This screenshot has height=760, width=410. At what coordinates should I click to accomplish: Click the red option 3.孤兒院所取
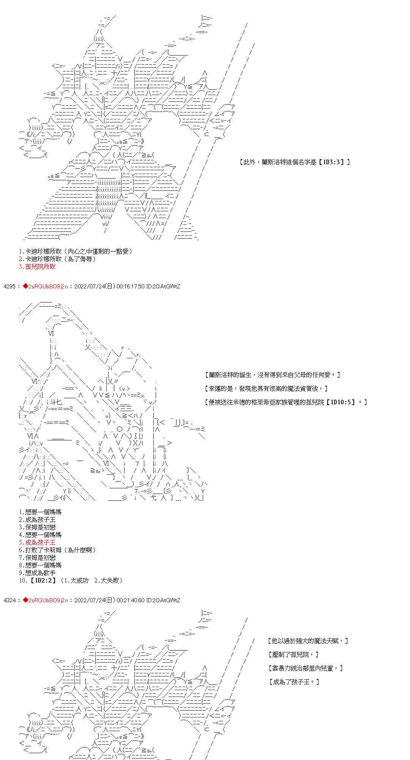coord(37,267)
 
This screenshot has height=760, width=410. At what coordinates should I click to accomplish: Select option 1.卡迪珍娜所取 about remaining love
coord(76,252)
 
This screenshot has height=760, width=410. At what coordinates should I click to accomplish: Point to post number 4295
coord(9,287)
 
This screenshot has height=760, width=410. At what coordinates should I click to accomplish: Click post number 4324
coord(9,600)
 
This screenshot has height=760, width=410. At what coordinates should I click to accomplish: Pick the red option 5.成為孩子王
coord(37,543)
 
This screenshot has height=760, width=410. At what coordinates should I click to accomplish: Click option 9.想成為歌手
coord(37,573)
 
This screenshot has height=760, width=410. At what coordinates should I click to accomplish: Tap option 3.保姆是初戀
coord(37,527)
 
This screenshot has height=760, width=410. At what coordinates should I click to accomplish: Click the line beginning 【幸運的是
coord(266,388)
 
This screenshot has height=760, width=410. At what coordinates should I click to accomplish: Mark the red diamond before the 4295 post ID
coord(25,287)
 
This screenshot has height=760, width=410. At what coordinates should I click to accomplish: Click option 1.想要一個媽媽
coord(40,512)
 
